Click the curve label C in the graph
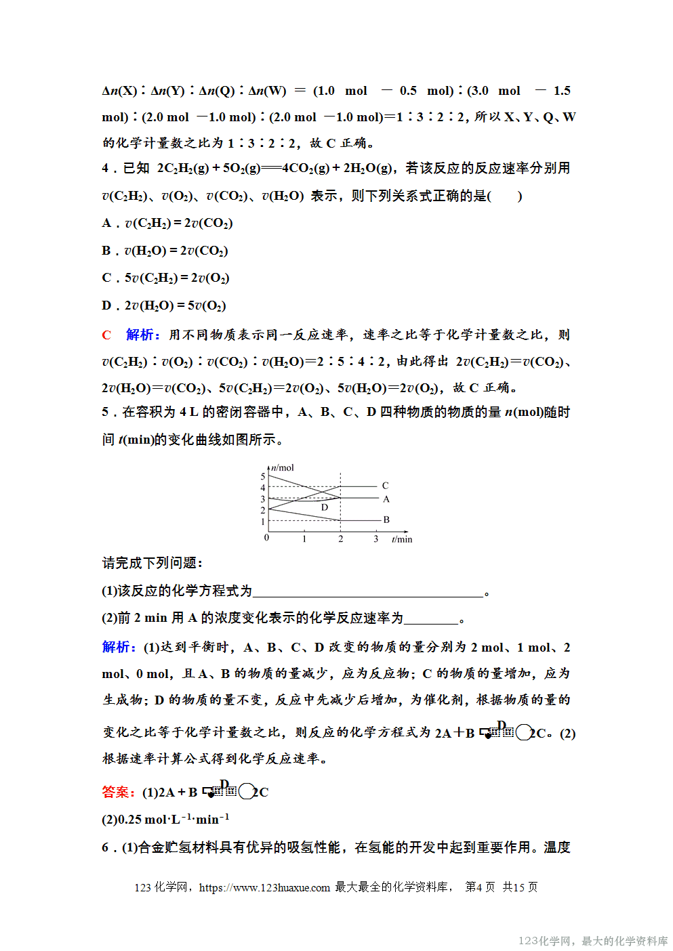[x=385, y=486]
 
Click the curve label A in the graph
[x=386, y=499]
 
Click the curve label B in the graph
[x=386, y=520]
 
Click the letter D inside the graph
[x=325, y=507]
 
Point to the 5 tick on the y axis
[x=263, y=476]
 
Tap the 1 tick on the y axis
[x=263, y=522]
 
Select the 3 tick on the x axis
[x=376, y=539]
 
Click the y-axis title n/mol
[x=283, y=467]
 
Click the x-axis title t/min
[x=402, y=539]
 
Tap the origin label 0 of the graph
[x=266, y=538]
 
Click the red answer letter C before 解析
[x=106, y=335]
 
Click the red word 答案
[x=116, y=792]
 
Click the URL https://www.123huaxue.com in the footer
[x=264, y=887]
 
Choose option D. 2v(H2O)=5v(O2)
[x=164, y=306]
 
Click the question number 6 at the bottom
[x=105, y=847]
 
